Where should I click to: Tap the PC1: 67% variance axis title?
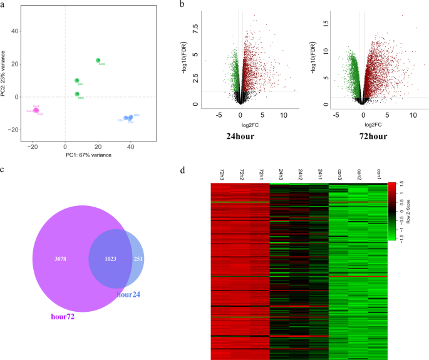(x=90, y=153)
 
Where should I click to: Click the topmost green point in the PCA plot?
(x=98, y=60)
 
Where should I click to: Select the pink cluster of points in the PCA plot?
(x=36, y=110)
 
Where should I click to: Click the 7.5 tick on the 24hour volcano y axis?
(x=195, y=28)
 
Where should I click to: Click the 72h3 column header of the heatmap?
(x=221, y=173)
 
